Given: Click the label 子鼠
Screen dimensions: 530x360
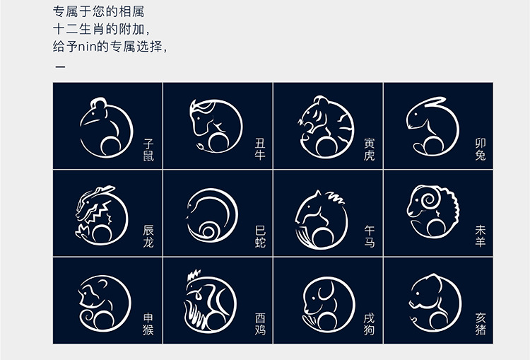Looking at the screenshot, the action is point(148,150).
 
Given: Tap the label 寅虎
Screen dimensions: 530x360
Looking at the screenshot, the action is point(370,149).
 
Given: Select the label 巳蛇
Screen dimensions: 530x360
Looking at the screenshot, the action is point(260,236).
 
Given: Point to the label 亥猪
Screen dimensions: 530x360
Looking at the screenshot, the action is point(481,324).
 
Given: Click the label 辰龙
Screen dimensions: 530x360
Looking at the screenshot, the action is point(148,236).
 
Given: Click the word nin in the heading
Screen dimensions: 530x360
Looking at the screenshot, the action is point(88,47).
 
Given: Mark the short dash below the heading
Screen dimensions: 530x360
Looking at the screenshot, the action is point(60,66).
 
